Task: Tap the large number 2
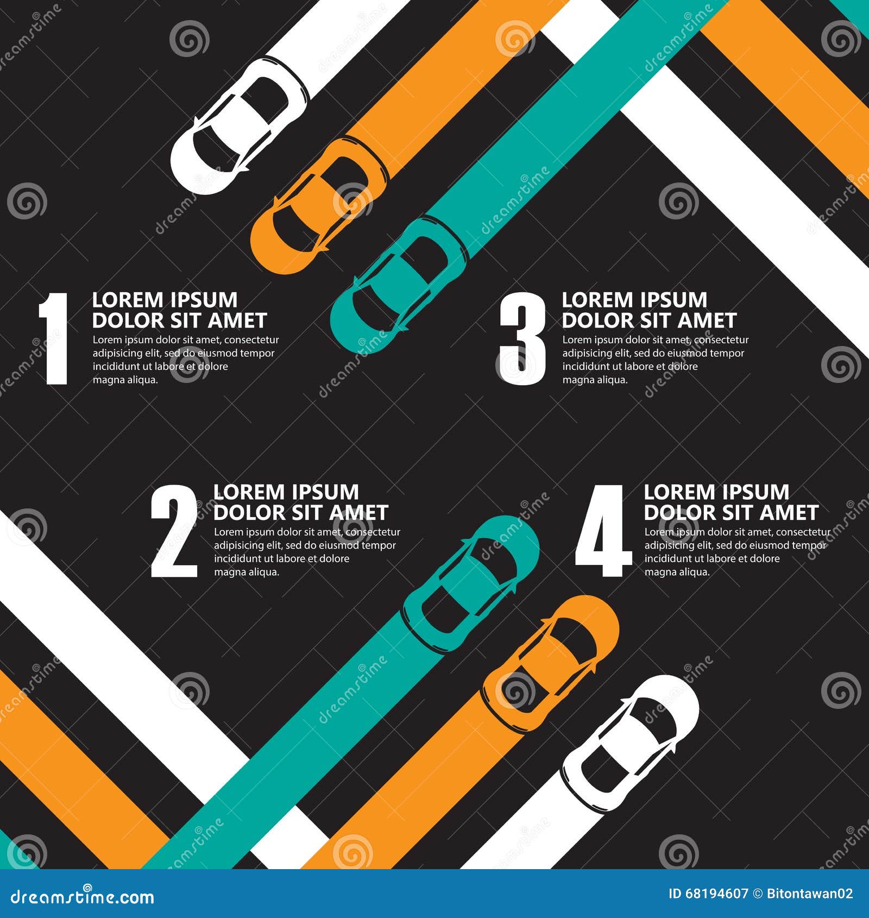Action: point(174,531)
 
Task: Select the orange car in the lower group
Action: point(551,663)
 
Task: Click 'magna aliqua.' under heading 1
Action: point(125,380)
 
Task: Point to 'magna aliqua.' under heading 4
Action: point(677,572)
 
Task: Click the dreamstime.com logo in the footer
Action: point(83,896)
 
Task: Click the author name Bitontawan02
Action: point(809,894)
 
